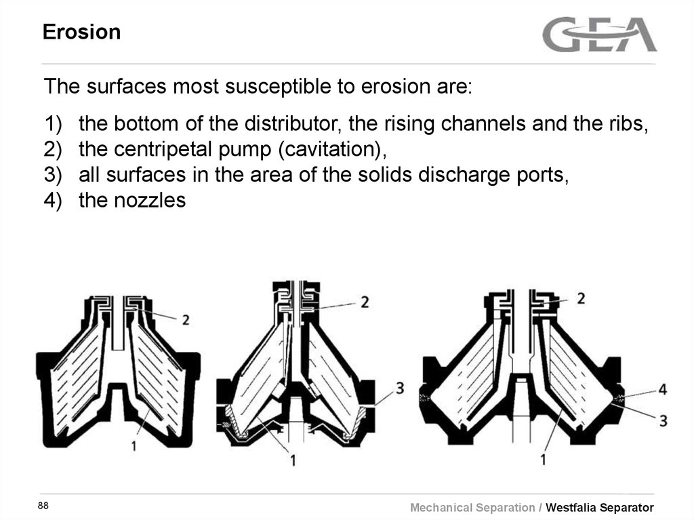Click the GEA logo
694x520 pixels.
(599, 35)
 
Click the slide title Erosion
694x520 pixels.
(81, 32)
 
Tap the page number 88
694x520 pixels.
(43, 505)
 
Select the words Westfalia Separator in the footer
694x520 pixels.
(600, 507)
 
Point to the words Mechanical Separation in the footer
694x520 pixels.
(472, 508)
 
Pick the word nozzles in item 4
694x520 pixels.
(150, 200)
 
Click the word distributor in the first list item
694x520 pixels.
(293, 123)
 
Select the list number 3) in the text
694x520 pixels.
(53, 174)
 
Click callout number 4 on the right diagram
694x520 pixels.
(662, 389)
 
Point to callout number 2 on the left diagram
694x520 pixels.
(186, 320)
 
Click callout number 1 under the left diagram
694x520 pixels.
(134, 445)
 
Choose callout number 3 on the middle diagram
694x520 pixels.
(400, 388)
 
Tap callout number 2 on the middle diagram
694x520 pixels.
(365, 302)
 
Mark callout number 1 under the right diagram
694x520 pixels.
(543, 460)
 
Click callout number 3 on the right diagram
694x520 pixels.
(663, 421)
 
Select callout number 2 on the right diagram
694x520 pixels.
(581, 298)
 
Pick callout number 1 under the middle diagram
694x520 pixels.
(293, 460)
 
